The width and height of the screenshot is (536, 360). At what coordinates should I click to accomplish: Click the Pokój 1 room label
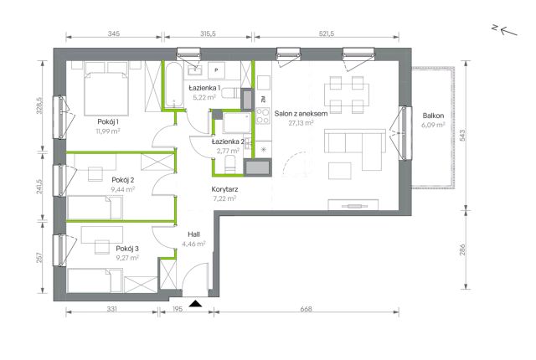pyautogui.click(x=108, y=121)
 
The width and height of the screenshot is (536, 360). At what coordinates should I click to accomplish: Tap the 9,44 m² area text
pyautogui.click(x=123, y=189)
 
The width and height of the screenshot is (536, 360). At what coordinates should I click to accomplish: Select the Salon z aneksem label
pyautogui.click(x=301, y=113)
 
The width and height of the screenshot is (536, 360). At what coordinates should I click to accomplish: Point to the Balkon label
pyautogui.click(x=433, y=116)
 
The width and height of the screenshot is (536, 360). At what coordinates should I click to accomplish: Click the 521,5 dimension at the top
pyautogui.click(x=327, y=33)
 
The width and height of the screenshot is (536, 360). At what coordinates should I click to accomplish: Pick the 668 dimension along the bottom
pyautogui.click(x=306, y=309)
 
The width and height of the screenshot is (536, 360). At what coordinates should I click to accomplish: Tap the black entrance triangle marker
pyautogui.click(x=195, y=303)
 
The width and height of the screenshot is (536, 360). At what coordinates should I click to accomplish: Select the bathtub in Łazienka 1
pyautogui.click(x=175, y=85)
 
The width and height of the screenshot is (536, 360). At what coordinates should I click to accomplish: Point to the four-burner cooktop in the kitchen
pyautogui.click(x=263, y=116)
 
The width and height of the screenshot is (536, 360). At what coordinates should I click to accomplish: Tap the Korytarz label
pyautogui.click(x=224, y=189)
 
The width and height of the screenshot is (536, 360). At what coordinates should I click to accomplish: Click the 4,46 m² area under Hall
pyautogui.click(x=193, y=244)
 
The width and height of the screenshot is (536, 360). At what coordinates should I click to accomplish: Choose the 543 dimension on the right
pyautogui.click(x=463, y=136)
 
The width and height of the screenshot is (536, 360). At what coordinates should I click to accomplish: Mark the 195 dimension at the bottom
pyautogui.click(x=178, y=309)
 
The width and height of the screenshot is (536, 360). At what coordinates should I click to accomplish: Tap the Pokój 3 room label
pyautogui.click(x=127, y=249)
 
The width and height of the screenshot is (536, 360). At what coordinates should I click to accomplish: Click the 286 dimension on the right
pyautogui.click(x=463, y=250)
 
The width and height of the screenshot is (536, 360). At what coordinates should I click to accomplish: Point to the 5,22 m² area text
pyautogui.click(x=204, y=97)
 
